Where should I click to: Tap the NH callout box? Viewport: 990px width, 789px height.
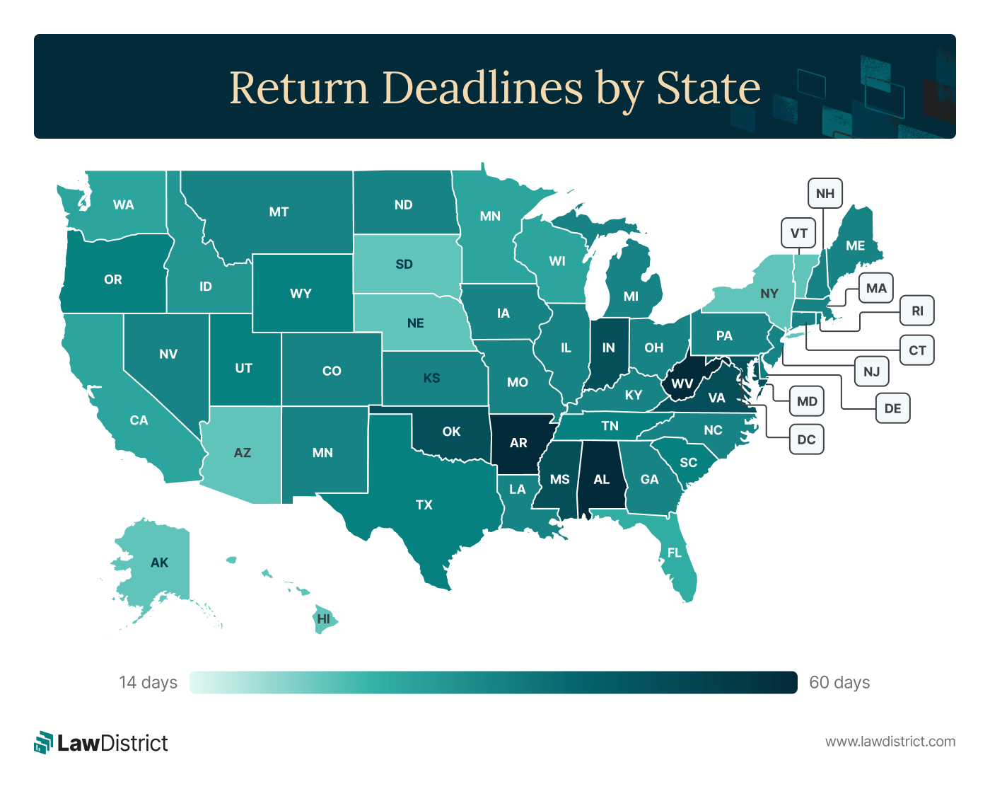click(825, 194)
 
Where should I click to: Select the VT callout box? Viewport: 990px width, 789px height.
click(798, 234)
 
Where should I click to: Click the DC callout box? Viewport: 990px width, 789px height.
click(806, 439)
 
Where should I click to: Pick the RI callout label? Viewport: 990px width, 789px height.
click(917, 311)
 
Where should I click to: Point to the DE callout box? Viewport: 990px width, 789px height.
click(892, 408)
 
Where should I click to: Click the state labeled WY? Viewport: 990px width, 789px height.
click(301, 293)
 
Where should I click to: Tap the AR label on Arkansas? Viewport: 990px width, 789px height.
click(518, 443)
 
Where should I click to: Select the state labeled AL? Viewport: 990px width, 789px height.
click(601, 480)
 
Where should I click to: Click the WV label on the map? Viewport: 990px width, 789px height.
click(682, 384)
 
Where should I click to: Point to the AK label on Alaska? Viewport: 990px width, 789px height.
click(160, 563)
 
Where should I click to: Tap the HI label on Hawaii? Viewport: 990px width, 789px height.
click(323, 619)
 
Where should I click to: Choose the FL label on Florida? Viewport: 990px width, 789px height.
click(675, 553)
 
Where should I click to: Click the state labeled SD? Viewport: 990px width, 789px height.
click(404, 264)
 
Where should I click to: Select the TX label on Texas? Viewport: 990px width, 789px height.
click(424, 505)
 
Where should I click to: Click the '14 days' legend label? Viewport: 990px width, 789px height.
click(148, 682)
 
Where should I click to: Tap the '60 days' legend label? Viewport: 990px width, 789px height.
click(839, 682)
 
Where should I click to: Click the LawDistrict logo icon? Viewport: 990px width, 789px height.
click(44, 742)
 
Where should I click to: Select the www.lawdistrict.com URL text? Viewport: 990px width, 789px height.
click(890, 742)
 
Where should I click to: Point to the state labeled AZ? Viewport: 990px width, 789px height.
click(243, 453)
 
